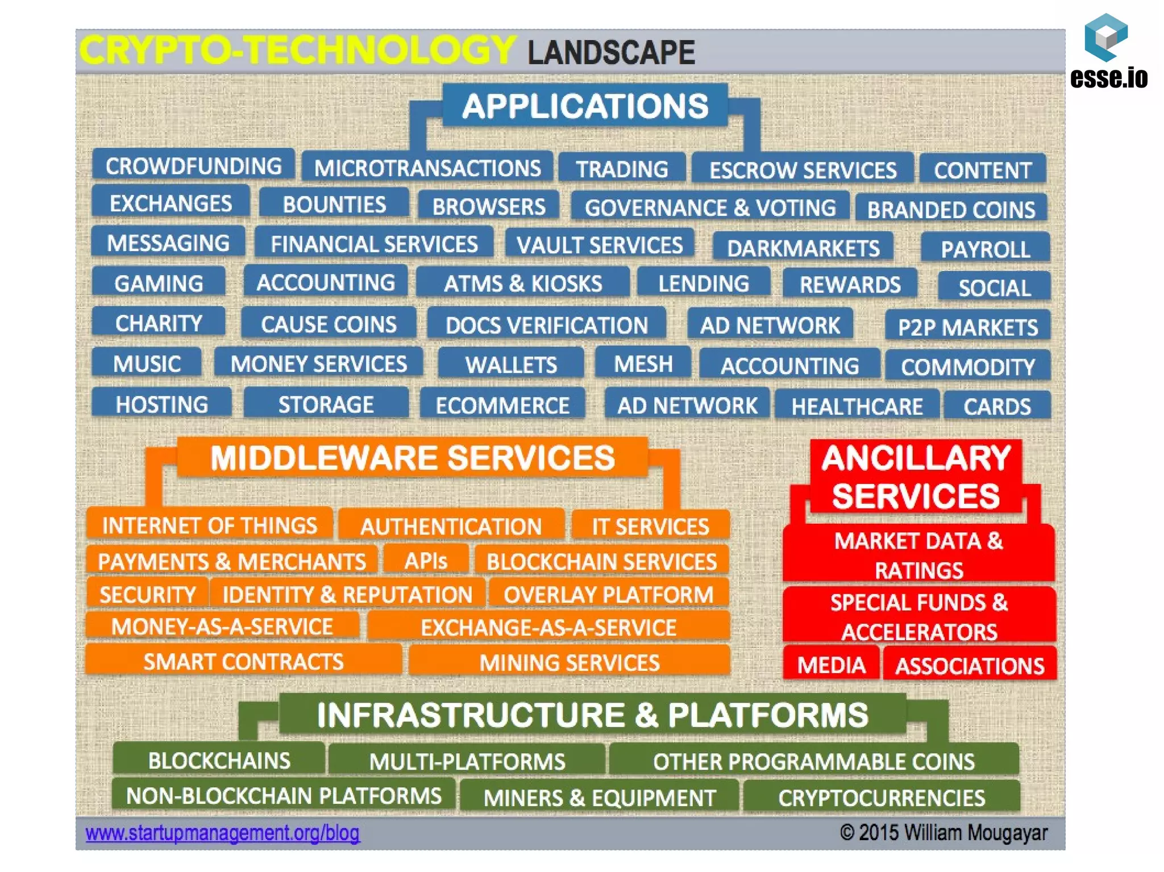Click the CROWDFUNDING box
point(193,166)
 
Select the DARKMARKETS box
point(803,248)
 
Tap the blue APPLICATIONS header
point(585,106)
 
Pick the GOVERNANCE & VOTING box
point(710,207)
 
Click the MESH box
point(643,364)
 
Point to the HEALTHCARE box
point(857,406)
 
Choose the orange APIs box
point(426,561)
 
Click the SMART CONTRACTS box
point(243,661)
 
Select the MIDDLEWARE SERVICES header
point(412,458)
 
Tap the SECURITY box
point(147,594)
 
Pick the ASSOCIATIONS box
point(969,665)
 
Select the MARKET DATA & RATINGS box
point(918,555)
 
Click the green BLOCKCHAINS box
point(219,760)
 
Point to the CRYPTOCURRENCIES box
point(881,797)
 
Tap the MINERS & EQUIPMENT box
point(599,797)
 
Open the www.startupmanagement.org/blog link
point(222,833)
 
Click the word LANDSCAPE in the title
point(611,53)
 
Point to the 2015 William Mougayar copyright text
point(943,833)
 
